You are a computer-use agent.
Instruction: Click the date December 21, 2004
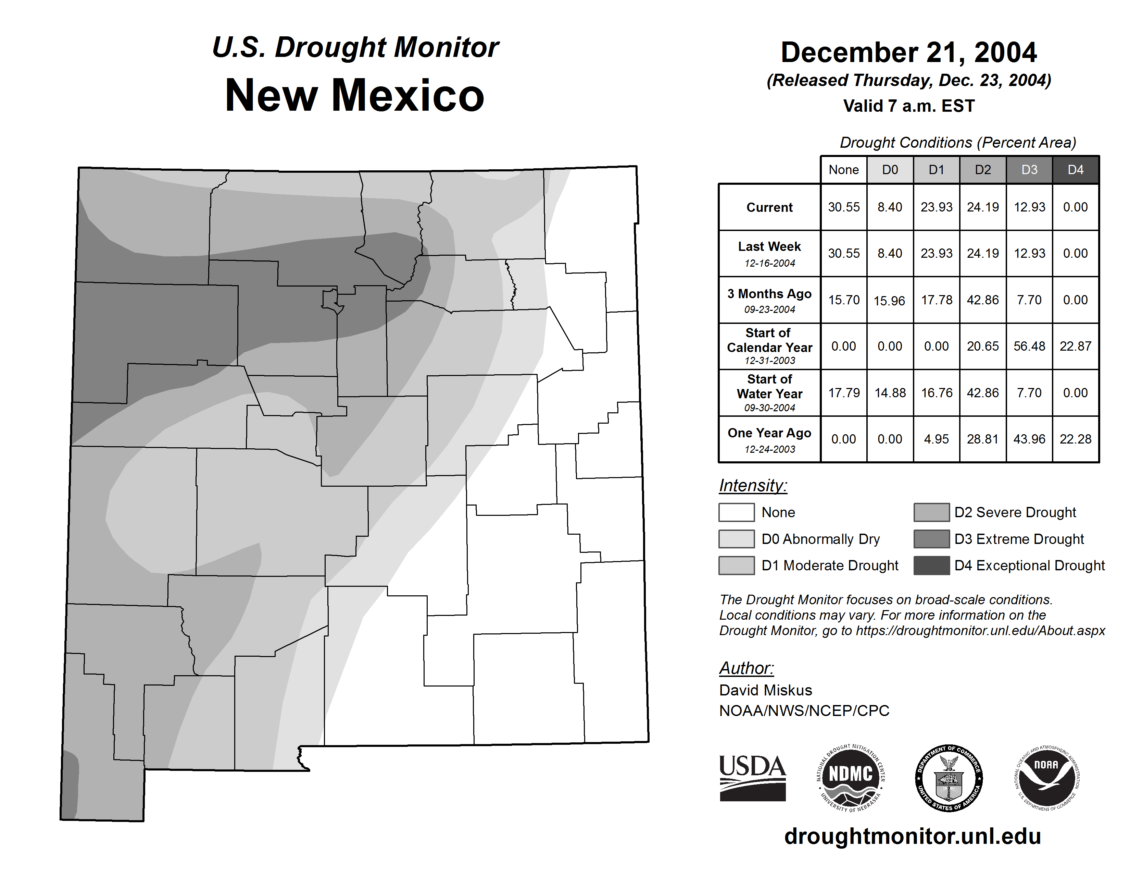tap(908, 53)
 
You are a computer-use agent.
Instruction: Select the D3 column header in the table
tap(1029, 170)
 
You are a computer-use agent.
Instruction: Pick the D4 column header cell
tap(1075, 170)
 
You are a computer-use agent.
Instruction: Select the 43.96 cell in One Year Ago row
tap(1029, 439)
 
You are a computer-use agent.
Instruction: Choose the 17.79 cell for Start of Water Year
tap(844, 393)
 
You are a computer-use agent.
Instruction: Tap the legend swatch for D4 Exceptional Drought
tap(931, 566)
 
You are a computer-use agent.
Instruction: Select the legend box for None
tap(736, 512)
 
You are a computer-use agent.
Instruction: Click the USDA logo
tap(752, 778)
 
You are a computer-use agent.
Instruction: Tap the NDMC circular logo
tap(851, 778)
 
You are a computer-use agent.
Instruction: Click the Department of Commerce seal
tap(949, 778)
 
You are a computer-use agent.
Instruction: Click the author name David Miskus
tap(765, 690)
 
